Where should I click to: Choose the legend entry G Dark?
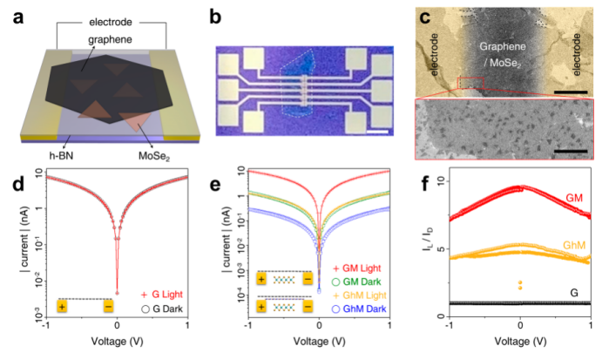point(167,308)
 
